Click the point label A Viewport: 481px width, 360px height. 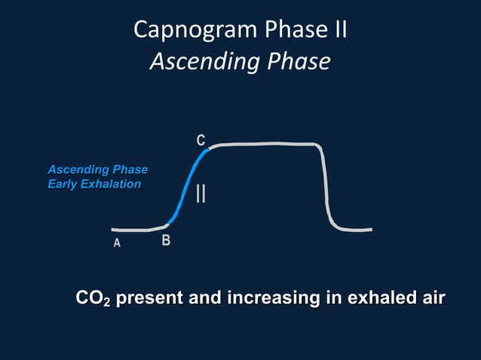pyautogui.click(x=117, y=243)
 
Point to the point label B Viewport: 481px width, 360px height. pyautogui.click(x=166, y=242)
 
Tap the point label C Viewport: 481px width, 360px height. pyautogui.click(x=201, y=141)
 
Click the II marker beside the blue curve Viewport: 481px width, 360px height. pyautogui.click(x=201, y=193)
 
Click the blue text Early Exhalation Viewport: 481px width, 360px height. pyautogui.click(x=94, y=184)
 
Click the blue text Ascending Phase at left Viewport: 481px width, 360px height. pyautogui.click(x=97, y=169)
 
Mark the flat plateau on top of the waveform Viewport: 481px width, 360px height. pyautogui.click(x=264, y=143)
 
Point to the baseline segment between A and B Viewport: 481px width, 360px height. pyautogui.click(x=136, y=229)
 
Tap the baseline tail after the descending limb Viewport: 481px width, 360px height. pyautogui.click(x=354, y=230)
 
